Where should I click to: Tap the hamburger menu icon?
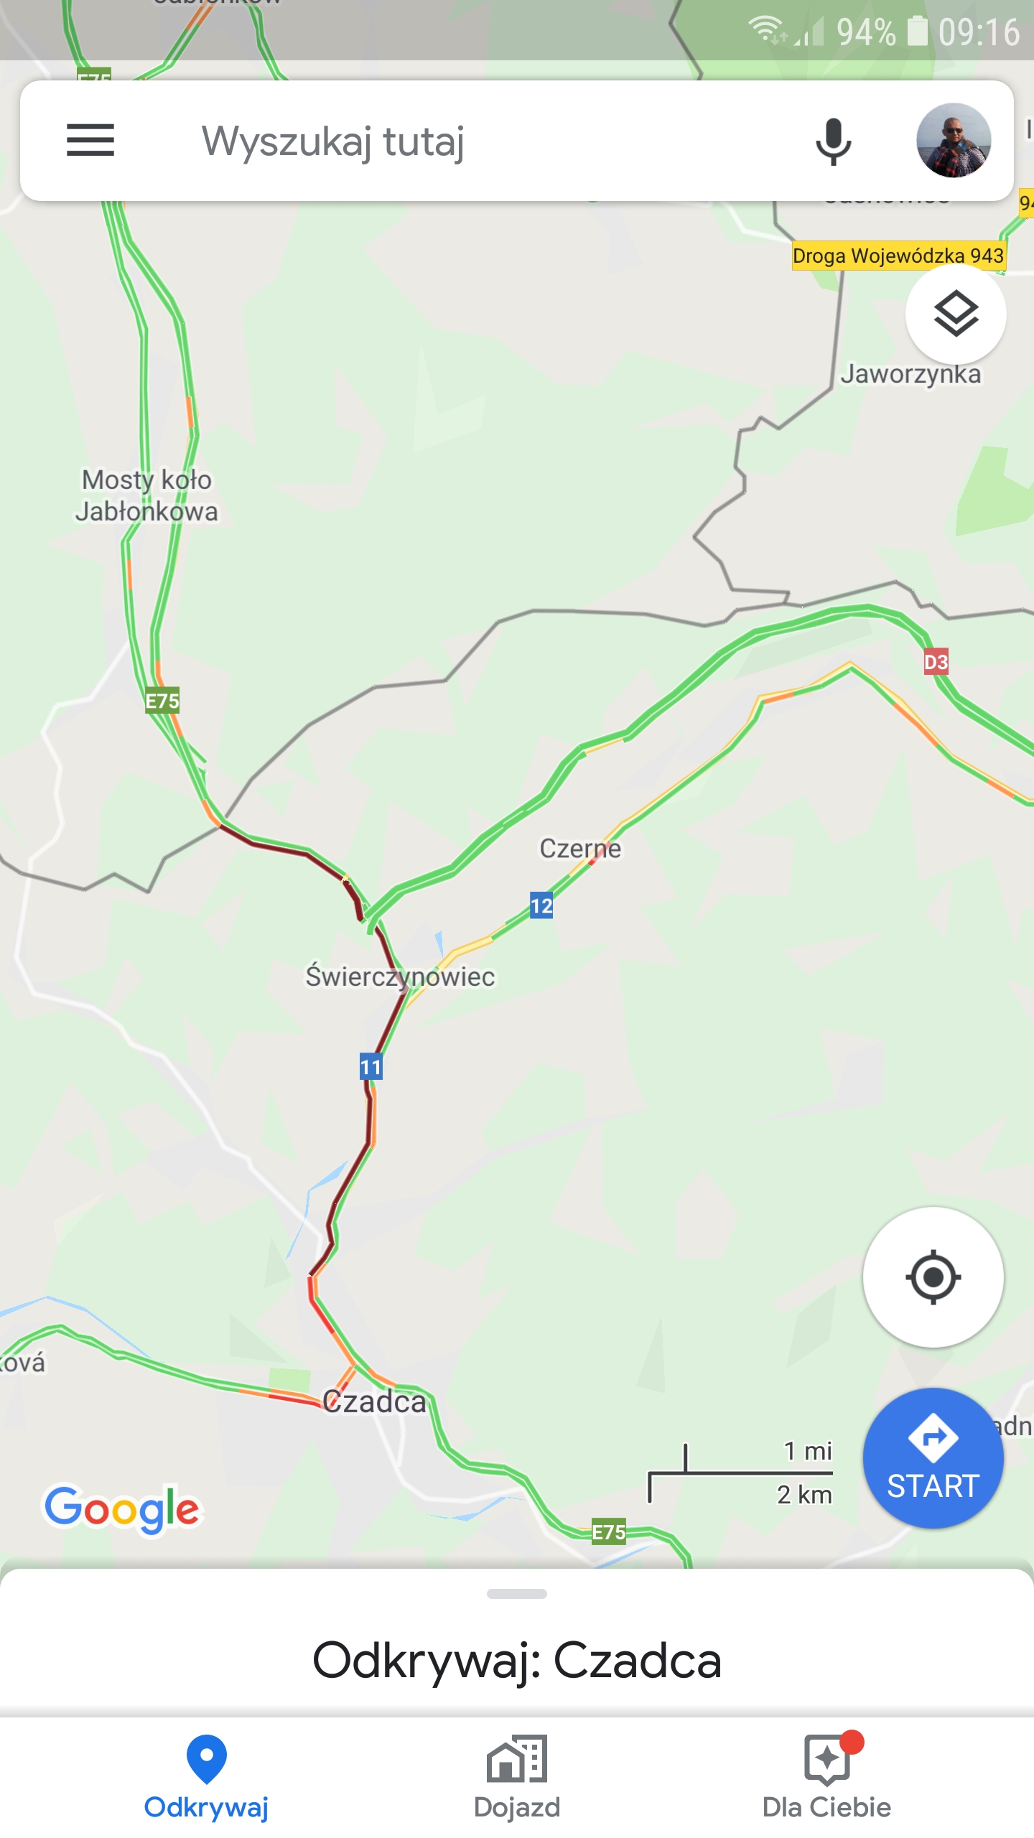pos(90,140)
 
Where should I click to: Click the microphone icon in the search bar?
pos(833,141)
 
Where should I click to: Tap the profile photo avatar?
pos(954,140)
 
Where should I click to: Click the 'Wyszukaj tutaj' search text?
pos(333,141)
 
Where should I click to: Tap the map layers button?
pos(956,314)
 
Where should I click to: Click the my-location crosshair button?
pos(933,1277)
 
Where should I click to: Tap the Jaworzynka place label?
pos(910,375)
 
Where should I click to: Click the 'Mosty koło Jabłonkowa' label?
pos(146,495)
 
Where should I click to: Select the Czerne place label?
pos(580,849)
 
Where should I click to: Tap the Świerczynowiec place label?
pos(400,976)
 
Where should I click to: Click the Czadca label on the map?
pos(374,1401)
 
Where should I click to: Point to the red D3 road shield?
pos(936,662)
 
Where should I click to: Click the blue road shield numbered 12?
pos(541,906)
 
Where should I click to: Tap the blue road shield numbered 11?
pos(371,1067)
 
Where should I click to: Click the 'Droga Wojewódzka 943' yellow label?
pos(898,256)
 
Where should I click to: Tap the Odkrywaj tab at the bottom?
pos(207,1776)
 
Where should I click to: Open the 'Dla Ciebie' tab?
pos(827,1776)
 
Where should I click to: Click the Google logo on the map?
pos(122,1508)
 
